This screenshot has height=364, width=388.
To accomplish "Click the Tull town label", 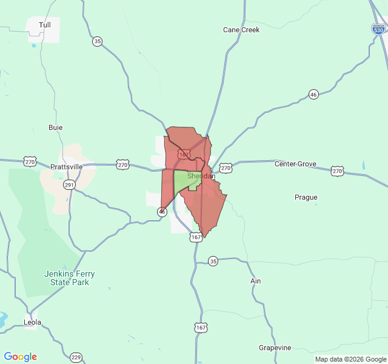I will pyautogui.click(x=45, y=25).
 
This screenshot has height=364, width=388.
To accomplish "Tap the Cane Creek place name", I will pyautogui.click(x=241, y=30).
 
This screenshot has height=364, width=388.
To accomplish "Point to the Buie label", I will pyautogui.click(x=55, y=127).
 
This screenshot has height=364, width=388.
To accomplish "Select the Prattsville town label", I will pyautogui.click(x=66, y=166).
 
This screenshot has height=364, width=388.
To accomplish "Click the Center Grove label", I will pyautogui.click(x=295, y=164).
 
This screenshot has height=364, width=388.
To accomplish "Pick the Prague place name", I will pyautogui.click(x=306, y=197).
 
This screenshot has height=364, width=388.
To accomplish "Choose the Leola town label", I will pyautogui.click(x=32, y=322).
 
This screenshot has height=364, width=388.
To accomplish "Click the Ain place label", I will pyautogui.click(x=255, y=281).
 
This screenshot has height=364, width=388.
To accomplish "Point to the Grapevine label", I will pyautogui.click(x=275, y=348).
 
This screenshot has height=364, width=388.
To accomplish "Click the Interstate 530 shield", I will pyautogui.click(x=378, y=29).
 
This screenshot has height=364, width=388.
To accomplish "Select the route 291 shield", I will pyautogui.click(x=70, y=184).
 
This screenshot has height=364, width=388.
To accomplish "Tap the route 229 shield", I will pyautogui.click(x=76, y=357).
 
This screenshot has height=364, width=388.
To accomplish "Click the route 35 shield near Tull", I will pyautogui.click(x=98, y=41).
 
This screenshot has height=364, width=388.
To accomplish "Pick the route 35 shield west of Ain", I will pyautogui.click(x=213, y=261).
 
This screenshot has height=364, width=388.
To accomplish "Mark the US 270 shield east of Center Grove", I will pyautogui.click(x=338, y=172).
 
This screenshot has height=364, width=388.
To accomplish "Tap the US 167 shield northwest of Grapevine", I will pyautogui.click(x=201, y=328).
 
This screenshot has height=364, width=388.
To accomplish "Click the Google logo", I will pyautogui.click(x=20, y=357).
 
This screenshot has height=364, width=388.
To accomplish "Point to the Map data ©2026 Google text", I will pyautogui.click(x=350, y=359).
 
